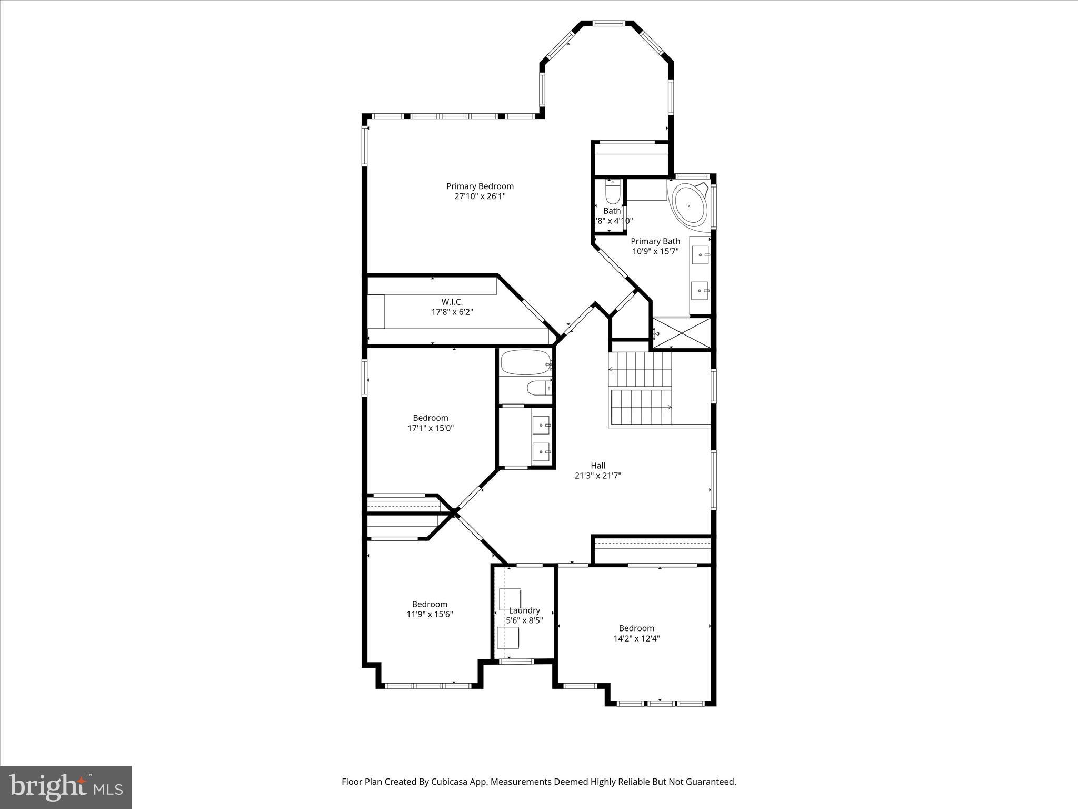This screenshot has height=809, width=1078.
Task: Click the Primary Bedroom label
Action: [x=480, y=186]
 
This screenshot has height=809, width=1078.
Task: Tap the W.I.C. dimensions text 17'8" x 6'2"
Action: [x=452, y=312]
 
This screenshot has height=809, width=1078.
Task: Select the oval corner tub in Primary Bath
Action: [x=689, y=206]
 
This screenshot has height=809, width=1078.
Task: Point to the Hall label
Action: [x=597, y=466]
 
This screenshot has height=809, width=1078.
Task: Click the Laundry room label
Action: [x=524, y=610]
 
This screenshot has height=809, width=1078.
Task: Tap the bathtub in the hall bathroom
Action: [x=524, y=362]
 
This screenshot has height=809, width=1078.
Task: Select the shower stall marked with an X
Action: [x=682, y=333]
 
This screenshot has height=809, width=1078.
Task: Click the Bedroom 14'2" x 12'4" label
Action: [x=636, y=628]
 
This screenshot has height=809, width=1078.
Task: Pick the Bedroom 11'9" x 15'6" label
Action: [x=430, y=604]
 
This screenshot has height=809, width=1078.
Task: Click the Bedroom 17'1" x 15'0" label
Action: [x=430, y=418]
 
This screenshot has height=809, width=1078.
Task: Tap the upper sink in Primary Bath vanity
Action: [x=701, y=255]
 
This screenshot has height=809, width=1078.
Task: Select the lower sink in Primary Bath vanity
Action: [x=700, y=290]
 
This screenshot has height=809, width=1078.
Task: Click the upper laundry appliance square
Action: [x=510, y=599]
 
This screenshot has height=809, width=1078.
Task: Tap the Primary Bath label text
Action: [x=655, y=241]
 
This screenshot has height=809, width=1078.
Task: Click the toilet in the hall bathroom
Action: [x=538, y=388]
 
